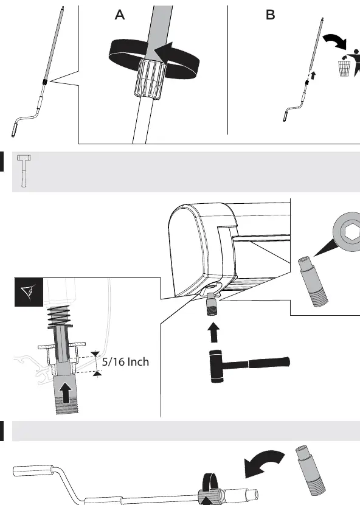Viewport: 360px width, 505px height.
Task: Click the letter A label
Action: coord(120,15)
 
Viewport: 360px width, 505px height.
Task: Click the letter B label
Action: coord(271,15)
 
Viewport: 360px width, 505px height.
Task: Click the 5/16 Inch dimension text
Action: coord(126,361)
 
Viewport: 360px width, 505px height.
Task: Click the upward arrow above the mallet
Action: coord(214,332)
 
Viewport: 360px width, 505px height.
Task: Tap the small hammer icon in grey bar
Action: coord(24,171)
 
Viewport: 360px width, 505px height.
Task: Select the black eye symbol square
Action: coord(29,292)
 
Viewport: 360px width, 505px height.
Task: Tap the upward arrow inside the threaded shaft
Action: coord(66,392)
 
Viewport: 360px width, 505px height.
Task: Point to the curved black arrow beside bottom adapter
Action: coord(263,464)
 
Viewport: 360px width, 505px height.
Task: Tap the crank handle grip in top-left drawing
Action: coord(15,127)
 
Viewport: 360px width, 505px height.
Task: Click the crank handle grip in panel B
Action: coord(286,116)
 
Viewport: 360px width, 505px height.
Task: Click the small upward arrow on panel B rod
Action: coord(313,76)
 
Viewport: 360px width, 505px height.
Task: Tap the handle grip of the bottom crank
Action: coord(33,470)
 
